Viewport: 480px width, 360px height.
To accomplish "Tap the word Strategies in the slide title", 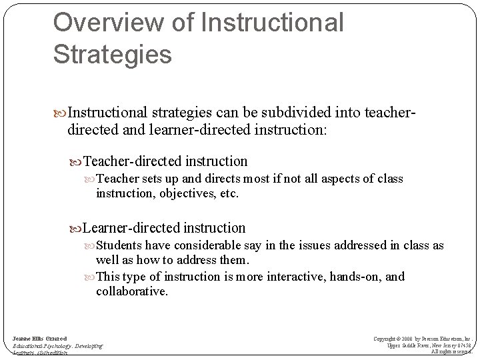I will (x=113, y=54).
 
